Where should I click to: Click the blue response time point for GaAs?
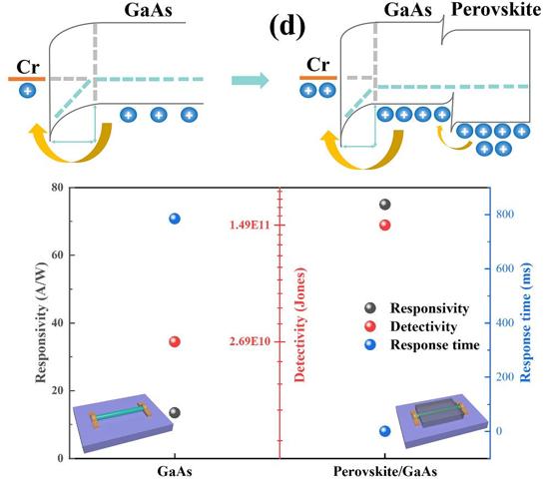[175, 219]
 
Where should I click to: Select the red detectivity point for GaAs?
[175, 341]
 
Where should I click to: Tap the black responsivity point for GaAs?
[175, 413]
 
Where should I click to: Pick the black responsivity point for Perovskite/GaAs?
[384, 205]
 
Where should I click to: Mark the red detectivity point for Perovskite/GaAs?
[384, 226]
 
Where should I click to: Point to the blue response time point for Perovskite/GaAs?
[384, 431]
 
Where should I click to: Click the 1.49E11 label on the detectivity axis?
[250, 226]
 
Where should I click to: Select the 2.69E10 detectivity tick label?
[250, 341]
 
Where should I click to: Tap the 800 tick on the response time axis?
[504, 214]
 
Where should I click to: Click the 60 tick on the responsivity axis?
[58, 254]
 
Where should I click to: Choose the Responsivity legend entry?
[416, 308]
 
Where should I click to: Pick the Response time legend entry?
[422, 344]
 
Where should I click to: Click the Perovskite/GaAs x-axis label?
[384, 471]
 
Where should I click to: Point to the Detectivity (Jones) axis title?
[300, 324]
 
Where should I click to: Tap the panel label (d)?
[287, 26]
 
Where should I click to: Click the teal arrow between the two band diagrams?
[250, 81]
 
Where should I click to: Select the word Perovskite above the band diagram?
[496, 10]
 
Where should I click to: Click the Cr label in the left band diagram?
[28, 67]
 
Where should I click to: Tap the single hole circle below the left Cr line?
[27, 91]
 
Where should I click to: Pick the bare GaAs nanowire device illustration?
[122, 422]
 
